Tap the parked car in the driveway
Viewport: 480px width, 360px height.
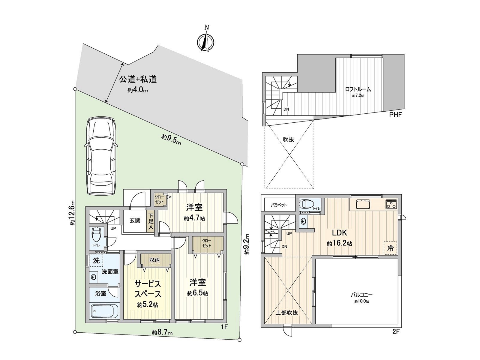point(101,156)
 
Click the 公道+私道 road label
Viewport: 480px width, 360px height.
point(138,79)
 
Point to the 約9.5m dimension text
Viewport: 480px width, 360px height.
point(171,139)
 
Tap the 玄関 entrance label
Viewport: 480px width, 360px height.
point(135,220)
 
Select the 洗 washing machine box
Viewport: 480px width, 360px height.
point(96,261)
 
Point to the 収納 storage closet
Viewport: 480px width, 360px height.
point(154,260)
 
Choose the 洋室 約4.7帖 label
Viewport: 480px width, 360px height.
point(194,212)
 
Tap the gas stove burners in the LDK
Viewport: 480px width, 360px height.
point(391,205)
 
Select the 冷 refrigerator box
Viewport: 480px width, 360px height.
point(390,248)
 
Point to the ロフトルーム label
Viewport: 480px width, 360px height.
point(358,89)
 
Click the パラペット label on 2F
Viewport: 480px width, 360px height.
point(279,205)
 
